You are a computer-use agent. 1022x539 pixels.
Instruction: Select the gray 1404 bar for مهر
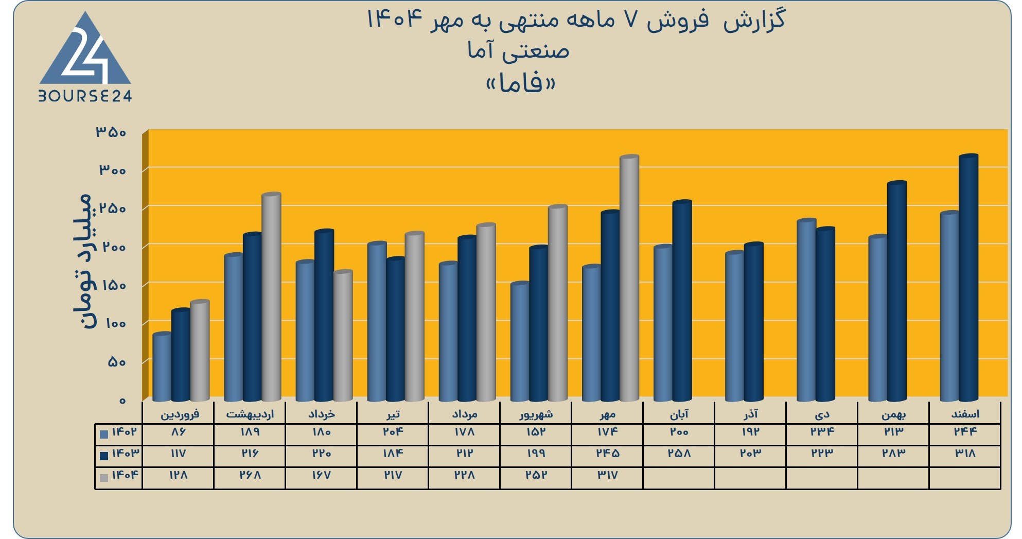coord(629,278)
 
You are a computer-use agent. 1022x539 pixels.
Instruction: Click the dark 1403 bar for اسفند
coord(968,277)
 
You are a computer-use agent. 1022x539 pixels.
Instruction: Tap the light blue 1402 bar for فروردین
coord(162,367)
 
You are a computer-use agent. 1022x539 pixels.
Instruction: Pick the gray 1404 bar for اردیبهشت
coord(272,297)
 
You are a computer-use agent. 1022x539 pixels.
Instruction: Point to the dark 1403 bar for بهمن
coord(897,291)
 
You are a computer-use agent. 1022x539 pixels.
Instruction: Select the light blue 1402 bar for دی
coord(806,310)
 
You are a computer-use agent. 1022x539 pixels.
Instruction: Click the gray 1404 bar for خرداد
coord(343,336)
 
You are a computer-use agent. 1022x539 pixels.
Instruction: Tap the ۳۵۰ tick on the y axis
coord(111,132)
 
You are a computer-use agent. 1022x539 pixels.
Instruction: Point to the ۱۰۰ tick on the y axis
coord(115,324)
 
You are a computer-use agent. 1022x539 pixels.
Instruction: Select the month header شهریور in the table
coord(536,414)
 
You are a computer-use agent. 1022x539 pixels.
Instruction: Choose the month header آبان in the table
coord(679,414)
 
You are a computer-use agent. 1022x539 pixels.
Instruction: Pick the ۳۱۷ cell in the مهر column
coord(607,475)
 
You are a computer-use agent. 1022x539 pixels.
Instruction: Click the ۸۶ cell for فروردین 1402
coord(178,432)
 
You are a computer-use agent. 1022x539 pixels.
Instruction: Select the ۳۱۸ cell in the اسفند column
coord(965,454)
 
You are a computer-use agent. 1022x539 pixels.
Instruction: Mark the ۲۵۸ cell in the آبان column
coord(679,454)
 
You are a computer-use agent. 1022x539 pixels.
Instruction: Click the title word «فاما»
coord(521,83)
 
